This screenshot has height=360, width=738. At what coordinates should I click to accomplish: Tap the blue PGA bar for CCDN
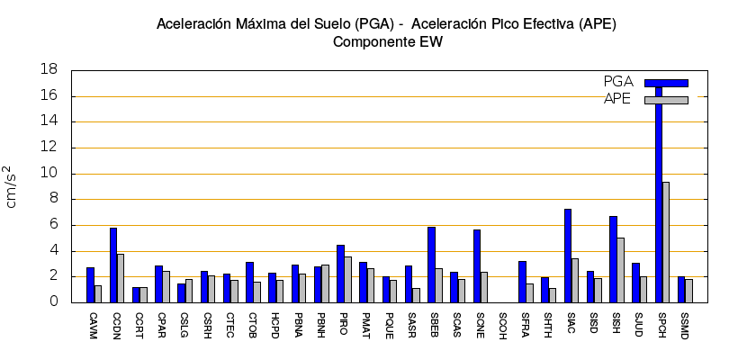(113, 265)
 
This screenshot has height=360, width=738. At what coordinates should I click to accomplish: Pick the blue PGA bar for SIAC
(568, 256)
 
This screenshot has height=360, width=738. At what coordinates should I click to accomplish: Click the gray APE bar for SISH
(620, 269)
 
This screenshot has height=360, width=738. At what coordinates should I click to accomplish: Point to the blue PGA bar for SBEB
(431, 265)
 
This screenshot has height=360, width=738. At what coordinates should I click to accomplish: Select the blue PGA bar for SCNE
(477, 265)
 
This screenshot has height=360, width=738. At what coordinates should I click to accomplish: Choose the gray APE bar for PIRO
(347, 279)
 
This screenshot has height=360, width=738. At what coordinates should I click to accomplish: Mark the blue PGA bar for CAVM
(90, 284)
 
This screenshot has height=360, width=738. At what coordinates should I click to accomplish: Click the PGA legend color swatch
(666, 83)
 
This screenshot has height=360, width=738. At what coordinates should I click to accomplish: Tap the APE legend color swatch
(666, 99)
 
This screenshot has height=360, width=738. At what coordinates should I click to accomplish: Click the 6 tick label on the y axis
(53, 225)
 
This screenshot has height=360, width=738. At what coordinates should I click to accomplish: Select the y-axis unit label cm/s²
(12, 186)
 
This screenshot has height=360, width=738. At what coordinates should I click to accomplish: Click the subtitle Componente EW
(388, 41)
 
